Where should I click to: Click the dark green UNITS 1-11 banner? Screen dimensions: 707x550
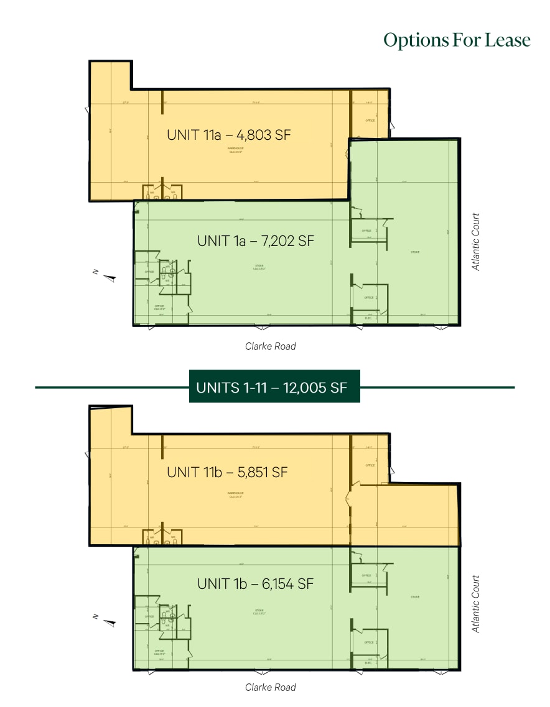[x=274, y=388]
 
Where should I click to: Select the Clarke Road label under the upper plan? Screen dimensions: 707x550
[x=270, y=346]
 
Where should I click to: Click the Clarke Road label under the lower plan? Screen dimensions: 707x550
[x=270, y=687]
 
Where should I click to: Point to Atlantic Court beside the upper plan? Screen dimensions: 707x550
[x=476, y=242]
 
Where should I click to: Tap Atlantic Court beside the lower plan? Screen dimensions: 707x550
[x=476, y=604]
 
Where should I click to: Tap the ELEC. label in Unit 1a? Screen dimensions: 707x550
[x=369, y=319]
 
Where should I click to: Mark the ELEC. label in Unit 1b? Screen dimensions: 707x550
[x=369, y=663]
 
